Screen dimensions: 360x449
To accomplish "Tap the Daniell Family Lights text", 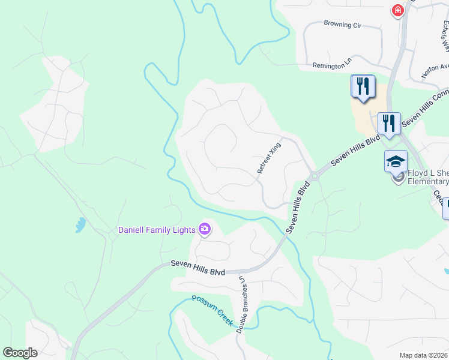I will pos(156,229).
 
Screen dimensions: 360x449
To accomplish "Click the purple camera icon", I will pos(205,229).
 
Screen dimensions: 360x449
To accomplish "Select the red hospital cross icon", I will pos(397,11).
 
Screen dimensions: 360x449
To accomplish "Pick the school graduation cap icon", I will pos(396,161).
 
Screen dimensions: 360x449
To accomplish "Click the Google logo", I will pos(20,353).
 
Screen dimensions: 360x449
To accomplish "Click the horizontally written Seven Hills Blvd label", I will pos(197,268).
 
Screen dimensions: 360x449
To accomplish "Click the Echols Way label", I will pos(445,36).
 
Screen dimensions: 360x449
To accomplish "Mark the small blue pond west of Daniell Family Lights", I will pos(80,225).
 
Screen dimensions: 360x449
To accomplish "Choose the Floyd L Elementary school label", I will pos(428,177).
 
